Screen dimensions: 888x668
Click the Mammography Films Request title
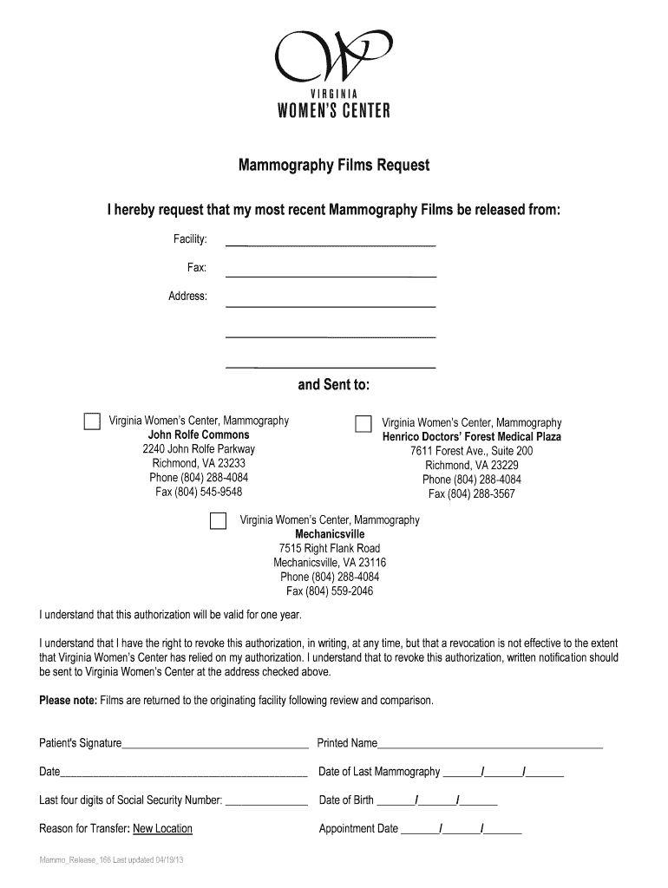334,166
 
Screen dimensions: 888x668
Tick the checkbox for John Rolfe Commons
92,421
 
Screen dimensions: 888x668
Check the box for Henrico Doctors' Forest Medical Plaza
363,423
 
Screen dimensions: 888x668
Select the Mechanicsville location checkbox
219,520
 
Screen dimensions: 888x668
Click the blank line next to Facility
331,245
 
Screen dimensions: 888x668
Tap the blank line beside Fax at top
331,275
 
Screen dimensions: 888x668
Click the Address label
187,297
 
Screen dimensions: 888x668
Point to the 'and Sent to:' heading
334,385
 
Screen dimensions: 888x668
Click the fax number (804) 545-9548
199,492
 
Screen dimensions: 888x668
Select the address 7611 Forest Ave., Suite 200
472,451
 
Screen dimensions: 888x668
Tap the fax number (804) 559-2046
330,591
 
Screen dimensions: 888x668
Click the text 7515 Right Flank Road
330,548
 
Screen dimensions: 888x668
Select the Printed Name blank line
490,745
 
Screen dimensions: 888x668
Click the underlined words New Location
162,829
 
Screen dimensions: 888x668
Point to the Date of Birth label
346,800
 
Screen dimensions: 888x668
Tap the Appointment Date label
358,829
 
